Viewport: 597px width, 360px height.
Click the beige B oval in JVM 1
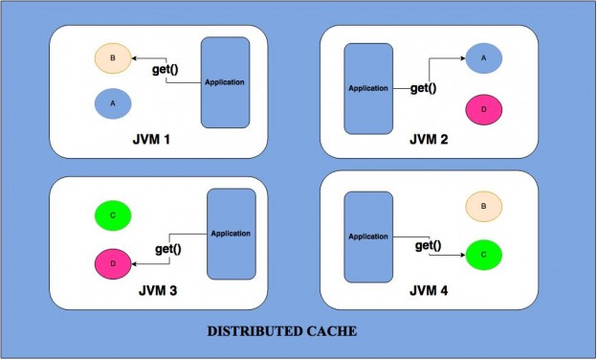(x=113, y=59)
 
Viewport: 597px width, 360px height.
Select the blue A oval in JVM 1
(x=113, y=101)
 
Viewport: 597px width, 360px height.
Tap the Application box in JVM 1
(x=225, y=81)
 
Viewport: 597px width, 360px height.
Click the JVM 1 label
(x=154, y=141)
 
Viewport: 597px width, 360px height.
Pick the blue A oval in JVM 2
(x=484, y=58)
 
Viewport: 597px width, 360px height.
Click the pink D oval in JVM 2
(x=484, y=110)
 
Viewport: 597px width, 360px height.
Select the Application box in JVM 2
(x=367, y=88)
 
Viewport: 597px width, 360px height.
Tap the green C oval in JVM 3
(x=113, y=215)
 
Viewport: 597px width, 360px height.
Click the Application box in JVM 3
(x=231, y=234)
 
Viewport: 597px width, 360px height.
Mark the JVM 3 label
(x=154, y=288)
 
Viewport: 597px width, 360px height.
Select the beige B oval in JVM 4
(x=484, y=206)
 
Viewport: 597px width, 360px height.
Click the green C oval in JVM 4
(x=484, y=256)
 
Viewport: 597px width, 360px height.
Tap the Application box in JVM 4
(x=367, y=236)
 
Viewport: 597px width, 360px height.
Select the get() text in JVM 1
(x=168, y=69)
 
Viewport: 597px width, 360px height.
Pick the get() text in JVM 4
(x=428, y=246)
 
